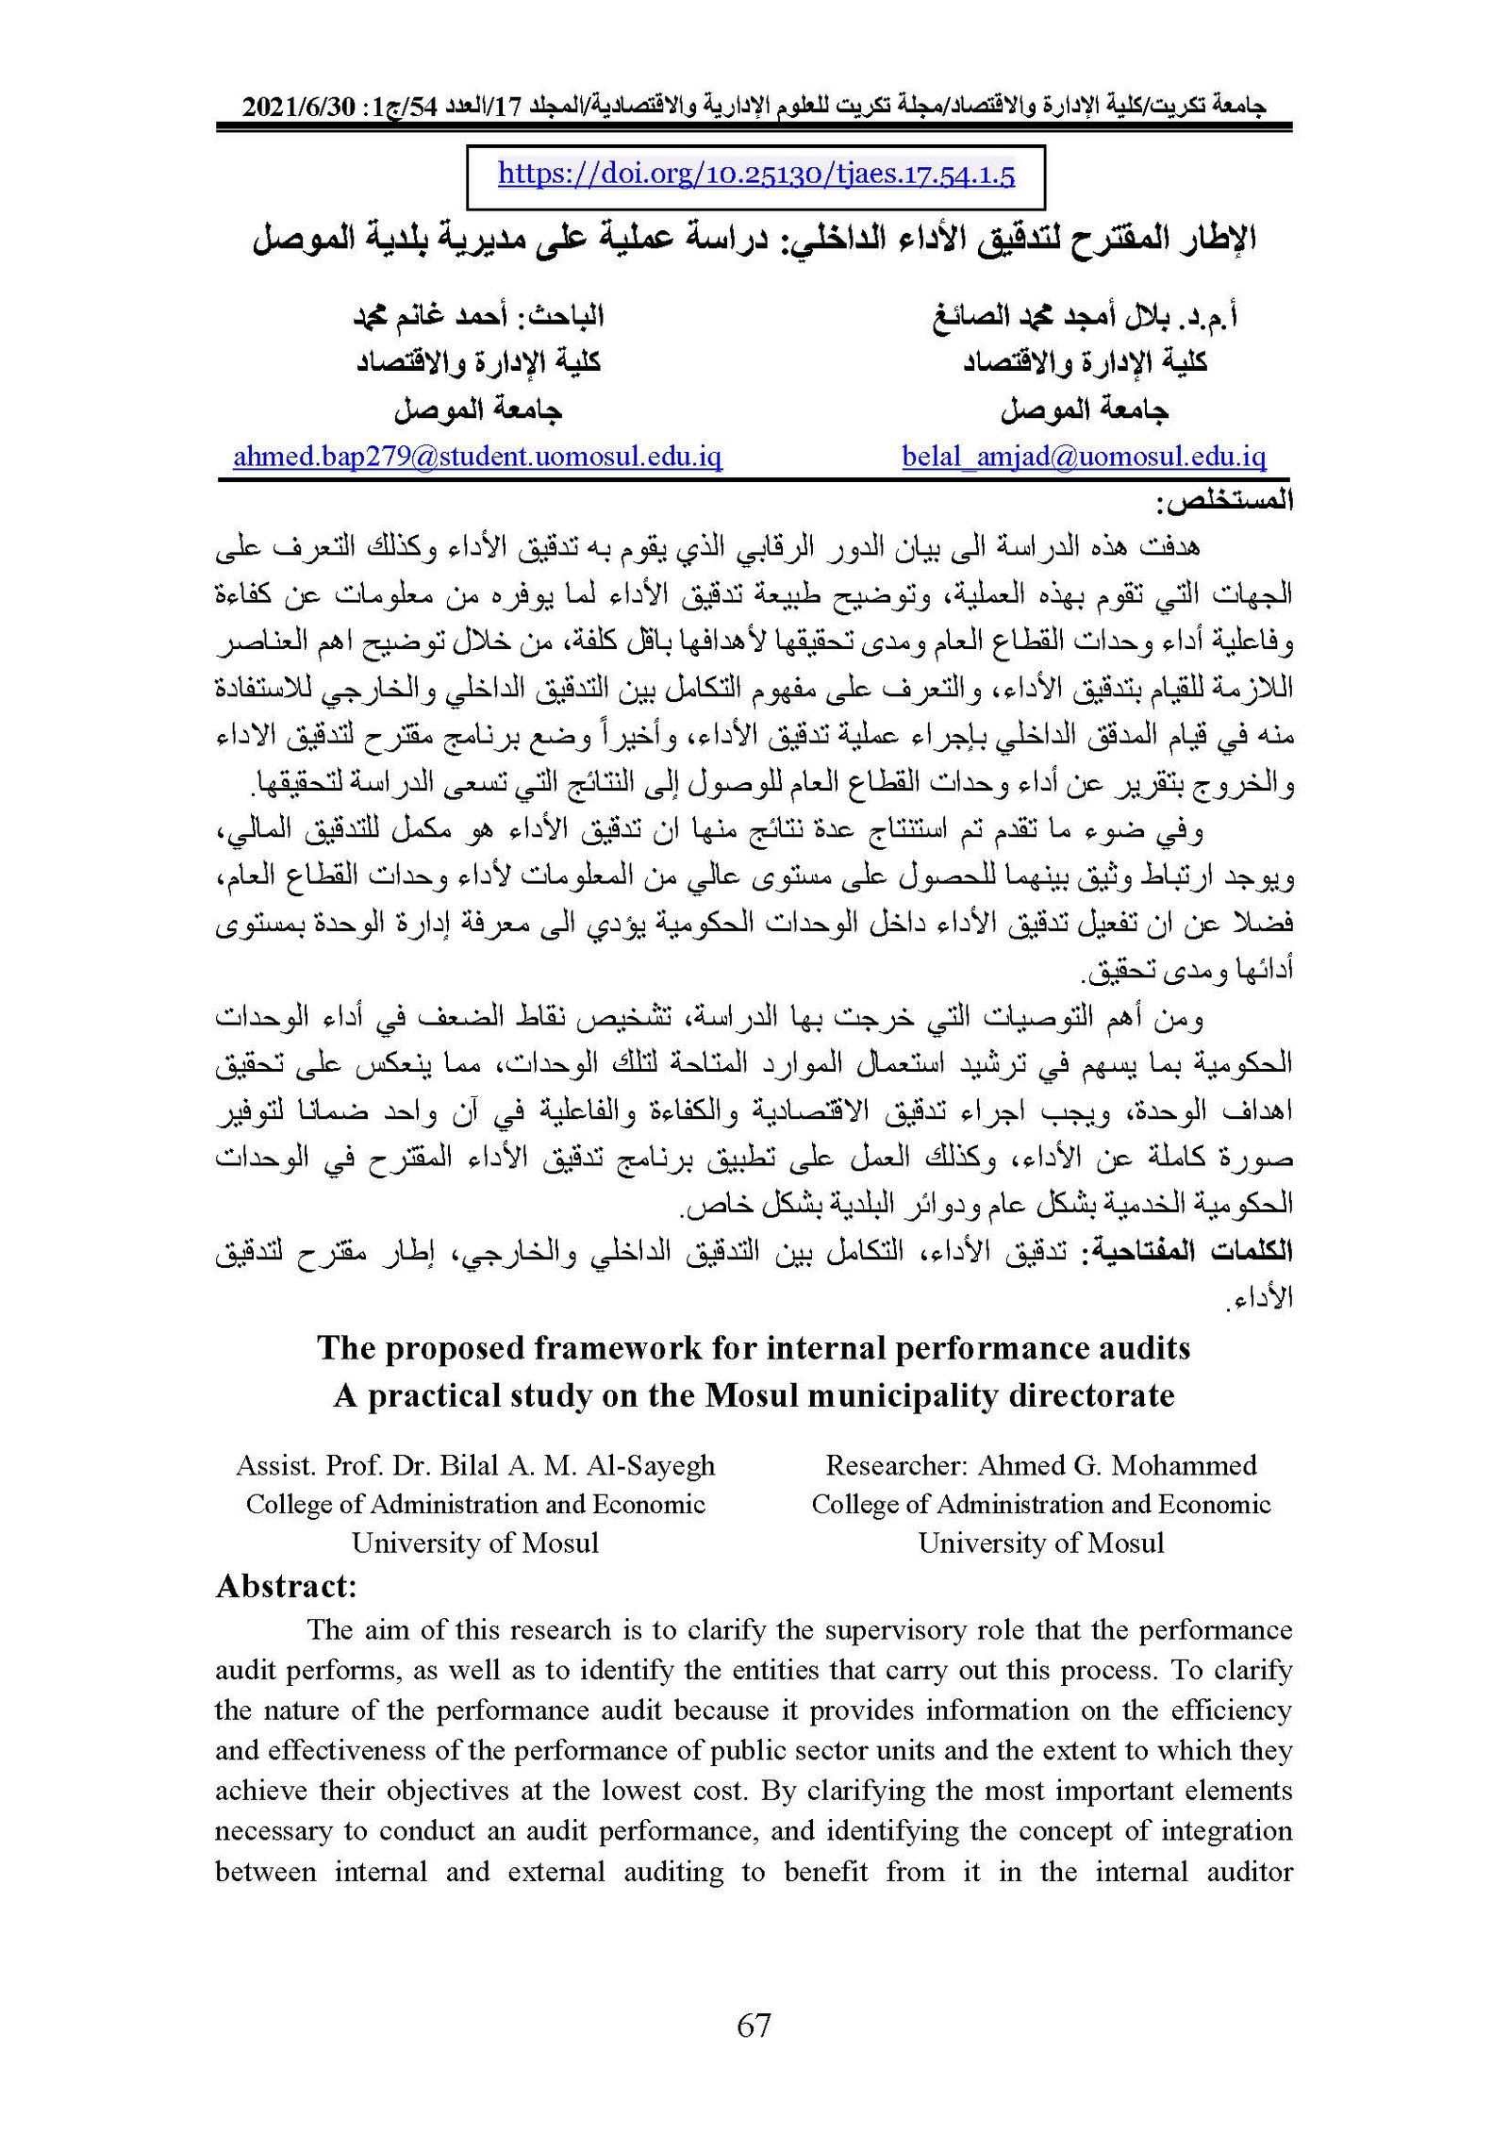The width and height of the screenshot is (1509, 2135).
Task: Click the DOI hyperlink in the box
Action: coord(755,175)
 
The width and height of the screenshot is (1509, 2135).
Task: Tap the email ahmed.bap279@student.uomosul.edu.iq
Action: coord(477,457)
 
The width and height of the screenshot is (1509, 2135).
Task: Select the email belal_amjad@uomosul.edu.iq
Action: coord(1084,457)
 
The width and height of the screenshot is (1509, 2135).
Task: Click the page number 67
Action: coord(754,2026)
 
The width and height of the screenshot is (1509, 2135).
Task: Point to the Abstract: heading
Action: coord(286,1586)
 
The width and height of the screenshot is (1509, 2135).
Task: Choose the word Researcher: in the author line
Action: coord(897,1465)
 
